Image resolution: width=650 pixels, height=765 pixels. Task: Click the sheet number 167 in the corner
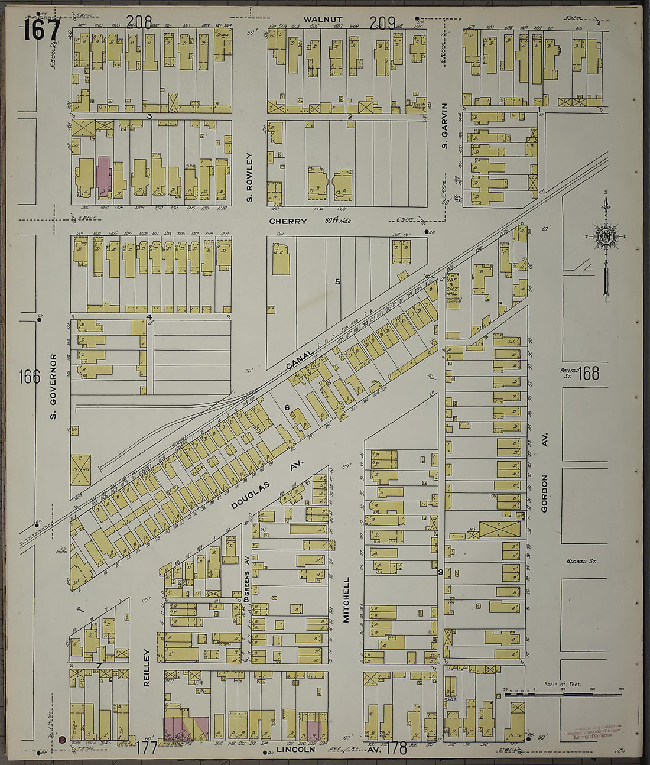tap(42, 30)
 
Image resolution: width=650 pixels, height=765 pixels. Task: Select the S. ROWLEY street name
tap(249, 177)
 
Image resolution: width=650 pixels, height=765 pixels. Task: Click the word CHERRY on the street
tap(288, 221)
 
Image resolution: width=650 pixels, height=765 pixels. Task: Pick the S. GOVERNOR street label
tap(53, 387)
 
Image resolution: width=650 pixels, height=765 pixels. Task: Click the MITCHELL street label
tap(346, 599)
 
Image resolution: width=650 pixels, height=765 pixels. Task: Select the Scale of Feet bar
tap(564, 695)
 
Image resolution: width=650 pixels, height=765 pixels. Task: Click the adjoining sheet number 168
tap(589, 373)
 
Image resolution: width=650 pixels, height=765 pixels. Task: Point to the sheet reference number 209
tap(382, 23)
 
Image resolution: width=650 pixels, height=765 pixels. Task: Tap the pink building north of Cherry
tap(103, 176)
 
